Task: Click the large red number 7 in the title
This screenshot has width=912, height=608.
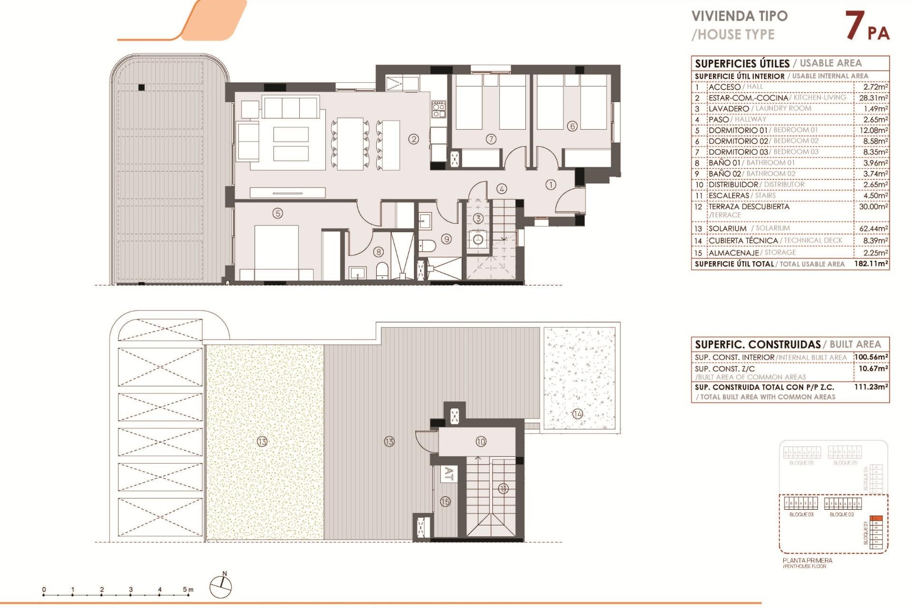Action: point(855,26)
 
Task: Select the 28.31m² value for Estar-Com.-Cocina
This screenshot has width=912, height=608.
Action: point(873,98)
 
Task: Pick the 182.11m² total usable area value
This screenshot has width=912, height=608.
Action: point(871,264)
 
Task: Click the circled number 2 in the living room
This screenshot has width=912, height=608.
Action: point(414,139)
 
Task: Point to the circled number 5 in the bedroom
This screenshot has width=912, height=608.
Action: point(278,213)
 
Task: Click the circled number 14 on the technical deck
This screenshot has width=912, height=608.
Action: point(578,414)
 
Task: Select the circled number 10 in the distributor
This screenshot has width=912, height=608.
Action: point(481,442)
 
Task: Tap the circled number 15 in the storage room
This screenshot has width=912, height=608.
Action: point(445,502)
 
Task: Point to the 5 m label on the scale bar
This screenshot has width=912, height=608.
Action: point(188,589)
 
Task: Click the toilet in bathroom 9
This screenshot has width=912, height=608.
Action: point(427,246)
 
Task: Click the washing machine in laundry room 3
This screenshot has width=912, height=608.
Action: point(478,239)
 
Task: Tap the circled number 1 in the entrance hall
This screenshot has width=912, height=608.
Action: point(551,185)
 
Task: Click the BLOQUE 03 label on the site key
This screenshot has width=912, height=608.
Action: point(801,514)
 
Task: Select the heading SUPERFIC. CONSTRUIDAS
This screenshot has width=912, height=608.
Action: point(758,344)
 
